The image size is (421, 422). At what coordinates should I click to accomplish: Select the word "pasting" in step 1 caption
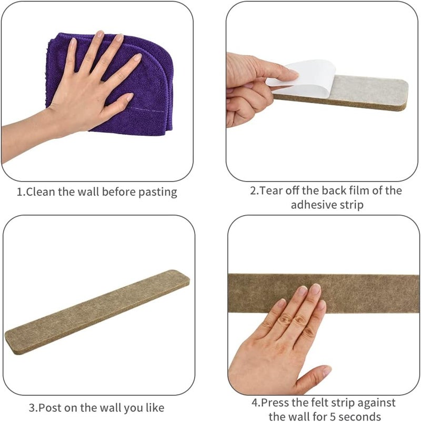click(x=158, y=193)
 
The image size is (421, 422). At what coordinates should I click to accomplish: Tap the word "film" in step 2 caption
click(x=358, y=190)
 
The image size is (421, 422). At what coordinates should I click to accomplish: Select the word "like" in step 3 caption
click(x=155, y=408)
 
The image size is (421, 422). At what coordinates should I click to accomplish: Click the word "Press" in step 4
click(x=275, y=403)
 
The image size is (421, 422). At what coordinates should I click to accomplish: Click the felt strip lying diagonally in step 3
click(x=97, y=312)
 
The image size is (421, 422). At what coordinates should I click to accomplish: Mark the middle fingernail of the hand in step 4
click(x=315, y=289)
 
